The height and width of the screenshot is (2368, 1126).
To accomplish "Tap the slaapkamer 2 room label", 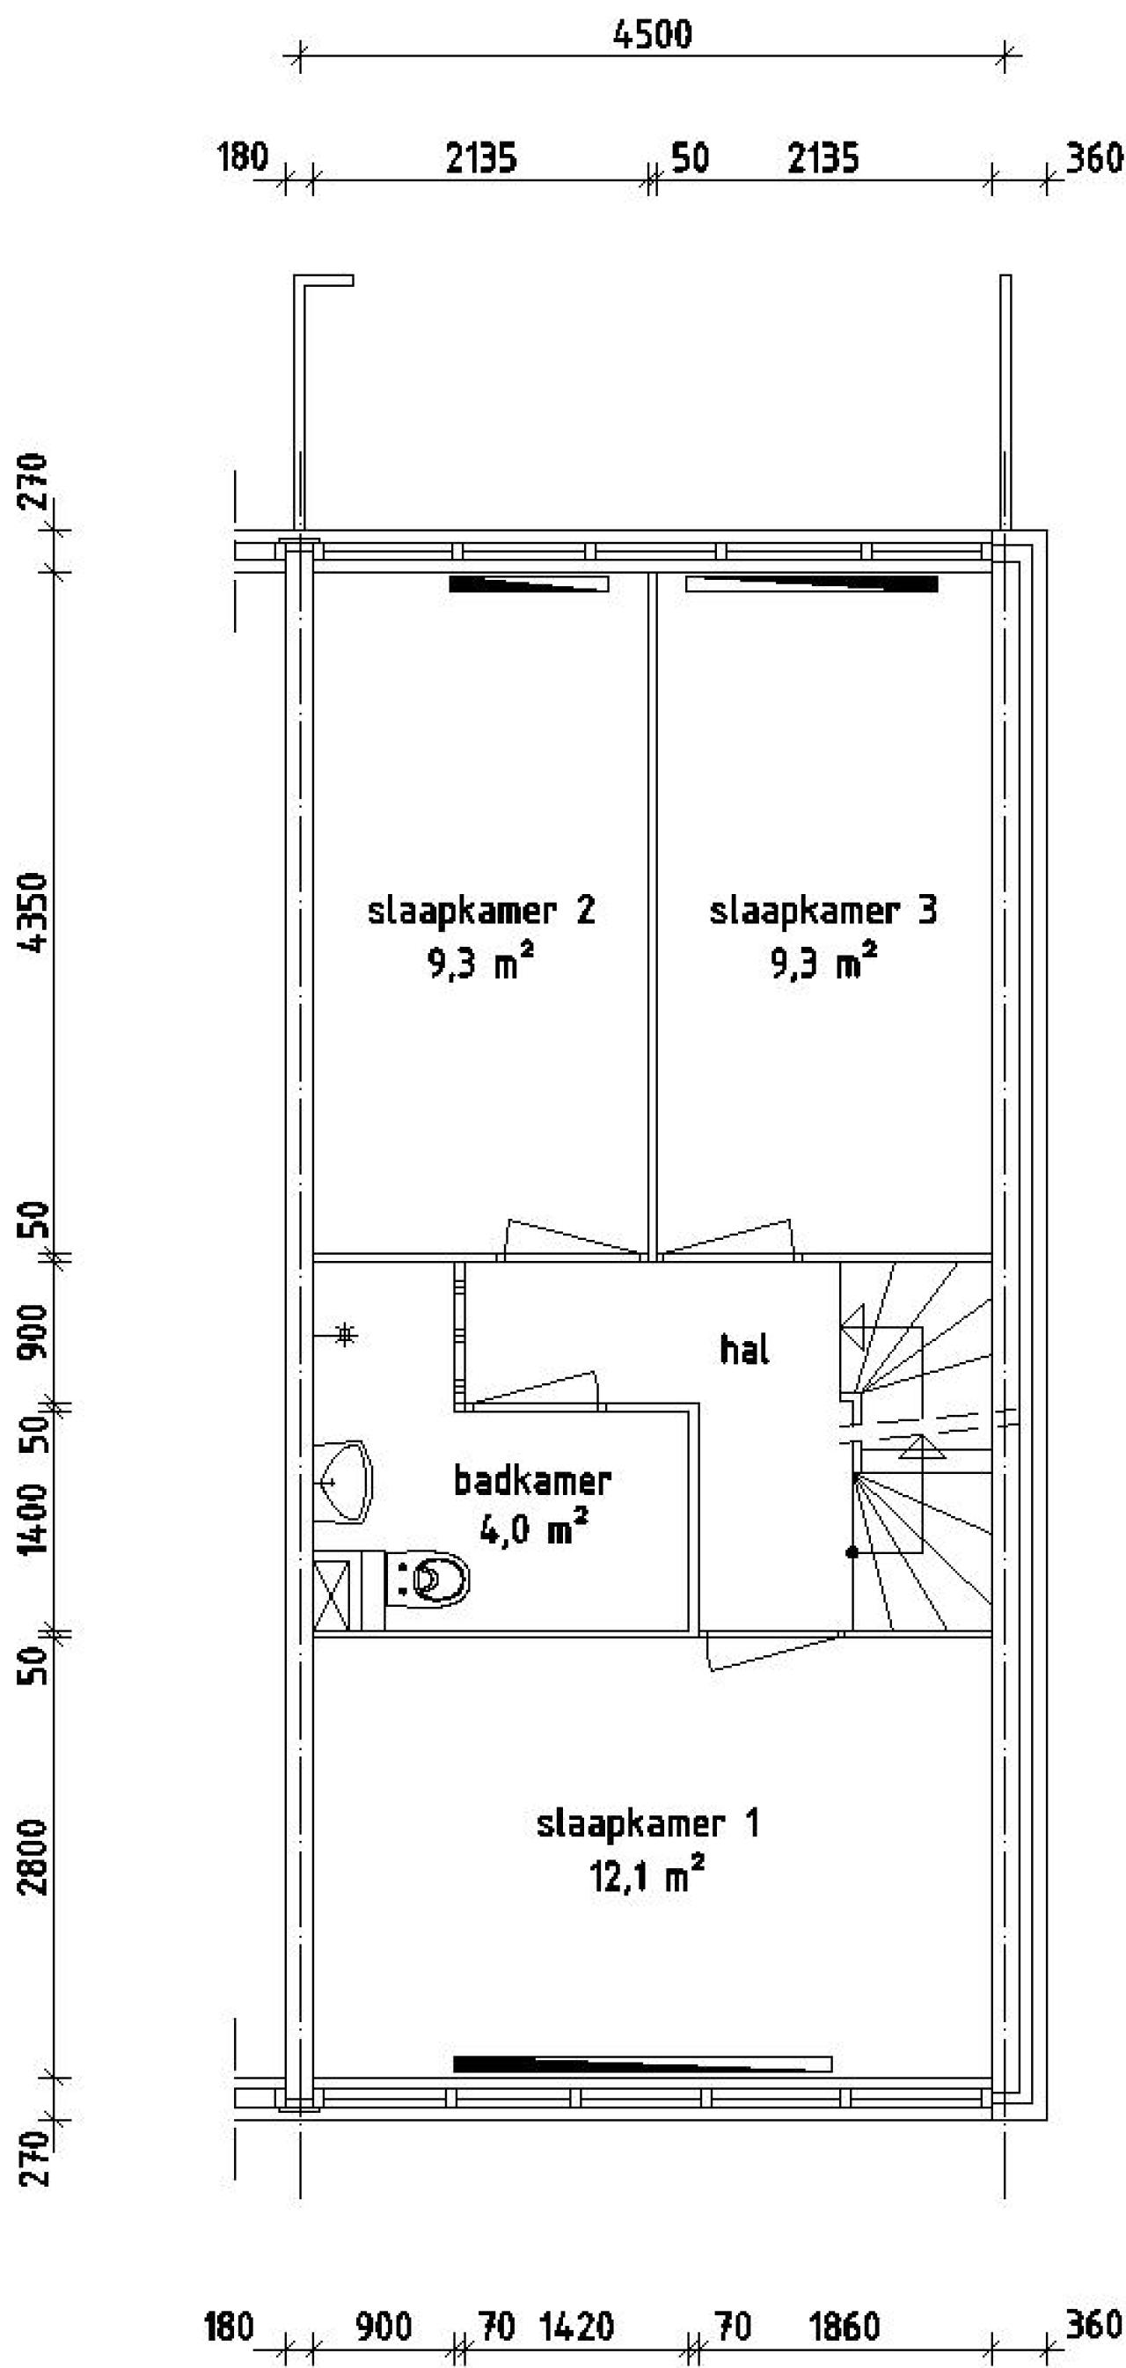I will tap(480, 911).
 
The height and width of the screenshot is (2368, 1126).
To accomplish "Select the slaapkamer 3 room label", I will tap(823, 911).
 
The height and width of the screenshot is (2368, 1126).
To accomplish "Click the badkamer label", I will tap(532, 1481).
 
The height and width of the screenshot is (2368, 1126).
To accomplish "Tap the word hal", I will tap(743, 1350).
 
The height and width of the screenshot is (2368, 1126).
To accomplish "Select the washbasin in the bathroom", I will tap(345, 1481).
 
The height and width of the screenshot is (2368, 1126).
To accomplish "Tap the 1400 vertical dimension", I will tap(35, 1518).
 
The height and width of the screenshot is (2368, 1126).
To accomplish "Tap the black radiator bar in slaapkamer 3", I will tap(813, 583).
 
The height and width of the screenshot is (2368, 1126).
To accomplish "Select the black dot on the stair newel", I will tap(852, 1552).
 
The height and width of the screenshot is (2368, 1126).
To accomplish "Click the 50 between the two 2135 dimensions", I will tap(691, 159).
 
